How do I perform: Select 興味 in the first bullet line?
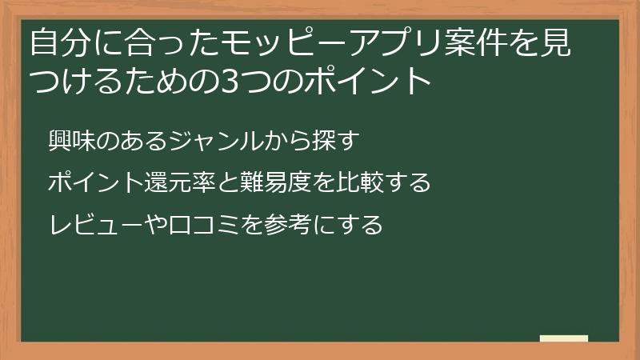pos(70,141)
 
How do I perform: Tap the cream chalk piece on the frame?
pos(563,338)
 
